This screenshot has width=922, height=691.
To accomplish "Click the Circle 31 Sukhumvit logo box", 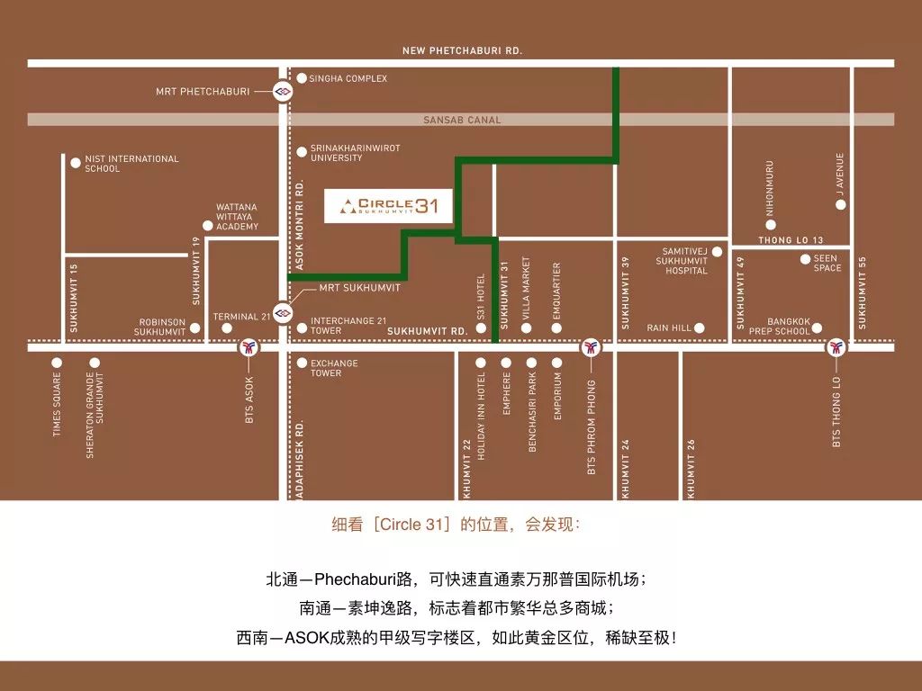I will point(389,207).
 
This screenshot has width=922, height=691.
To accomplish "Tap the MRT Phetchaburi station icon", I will point(283,91).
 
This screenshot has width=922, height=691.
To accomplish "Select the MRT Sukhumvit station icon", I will point(283,311).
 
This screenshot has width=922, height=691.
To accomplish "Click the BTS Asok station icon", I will point(249,345).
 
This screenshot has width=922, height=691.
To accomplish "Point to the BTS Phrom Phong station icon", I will point(591,345).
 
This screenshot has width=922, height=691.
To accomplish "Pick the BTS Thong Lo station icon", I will point(836,345).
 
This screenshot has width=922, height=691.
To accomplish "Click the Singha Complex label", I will point(348,79).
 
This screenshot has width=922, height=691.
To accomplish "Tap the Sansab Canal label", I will point(462,120).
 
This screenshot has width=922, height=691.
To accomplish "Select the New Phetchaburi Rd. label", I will point(462,51).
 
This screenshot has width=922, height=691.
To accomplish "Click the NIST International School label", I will point(131,164).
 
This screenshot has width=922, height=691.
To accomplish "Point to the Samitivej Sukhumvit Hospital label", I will point(685,261).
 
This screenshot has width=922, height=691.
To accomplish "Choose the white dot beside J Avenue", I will point(841,204).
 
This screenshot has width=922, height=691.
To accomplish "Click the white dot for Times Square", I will point(57,363).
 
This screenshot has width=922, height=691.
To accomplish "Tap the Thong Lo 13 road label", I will point(791,240).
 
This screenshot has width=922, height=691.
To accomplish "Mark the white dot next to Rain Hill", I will point(699,328).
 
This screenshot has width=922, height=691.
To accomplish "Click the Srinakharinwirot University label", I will point(355,153).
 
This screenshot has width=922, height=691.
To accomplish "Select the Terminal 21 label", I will point(241,317).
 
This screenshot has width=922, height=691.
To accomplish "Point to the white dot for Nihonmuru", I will point(771,224).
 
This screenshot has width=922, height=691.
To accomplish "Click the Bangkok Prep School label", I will point(780,327).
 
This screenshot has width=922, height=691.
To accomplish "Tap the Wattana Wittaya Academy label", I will point(237,217).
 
